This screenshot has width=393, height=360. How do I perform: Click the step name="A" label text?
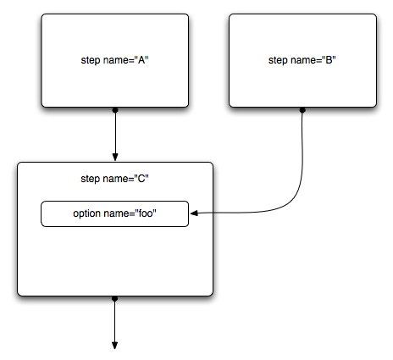coord(114,60)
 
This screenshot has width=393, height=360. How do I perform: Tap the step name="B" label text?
coord(302,60)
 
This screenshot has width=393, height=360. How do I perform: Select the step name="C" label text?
coord(114,179)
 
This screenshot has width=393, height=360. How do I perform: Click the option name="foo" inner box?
coord(114,213)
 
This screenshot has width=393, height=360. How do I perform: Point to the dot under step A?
coord(115,110)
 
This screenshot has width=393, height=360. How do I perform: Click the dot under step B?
coord(302,110)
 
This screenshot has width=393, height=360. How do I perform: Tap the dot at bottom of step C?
coord(114,299)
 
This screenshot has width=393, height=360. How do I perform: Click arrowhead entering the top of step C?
coord(115,157)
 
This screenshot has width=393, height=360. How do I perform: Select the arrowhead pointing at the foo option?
coord(194,213)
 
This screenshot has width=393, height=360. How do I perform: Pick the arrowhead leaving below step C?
coord(114,346)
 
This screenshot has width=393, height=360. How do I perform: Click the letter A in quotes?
coord(141,59)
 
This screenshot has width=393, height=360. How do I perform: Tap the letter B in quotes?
coord(329,59)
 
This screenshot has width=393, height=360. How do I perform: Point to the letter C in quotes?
coord(141,178)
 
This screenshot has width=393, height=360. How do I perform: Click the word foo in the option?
coord(146,213)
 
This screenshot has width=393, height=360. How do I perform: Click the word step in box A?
coord(91,60)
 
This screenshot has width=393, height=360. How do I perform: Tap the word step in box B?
coord(278,60)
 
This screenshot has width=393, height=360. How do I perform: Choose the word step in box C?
coord(91,179)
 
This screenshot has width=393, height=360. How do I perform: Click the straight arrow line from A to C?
coord(115,134)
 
